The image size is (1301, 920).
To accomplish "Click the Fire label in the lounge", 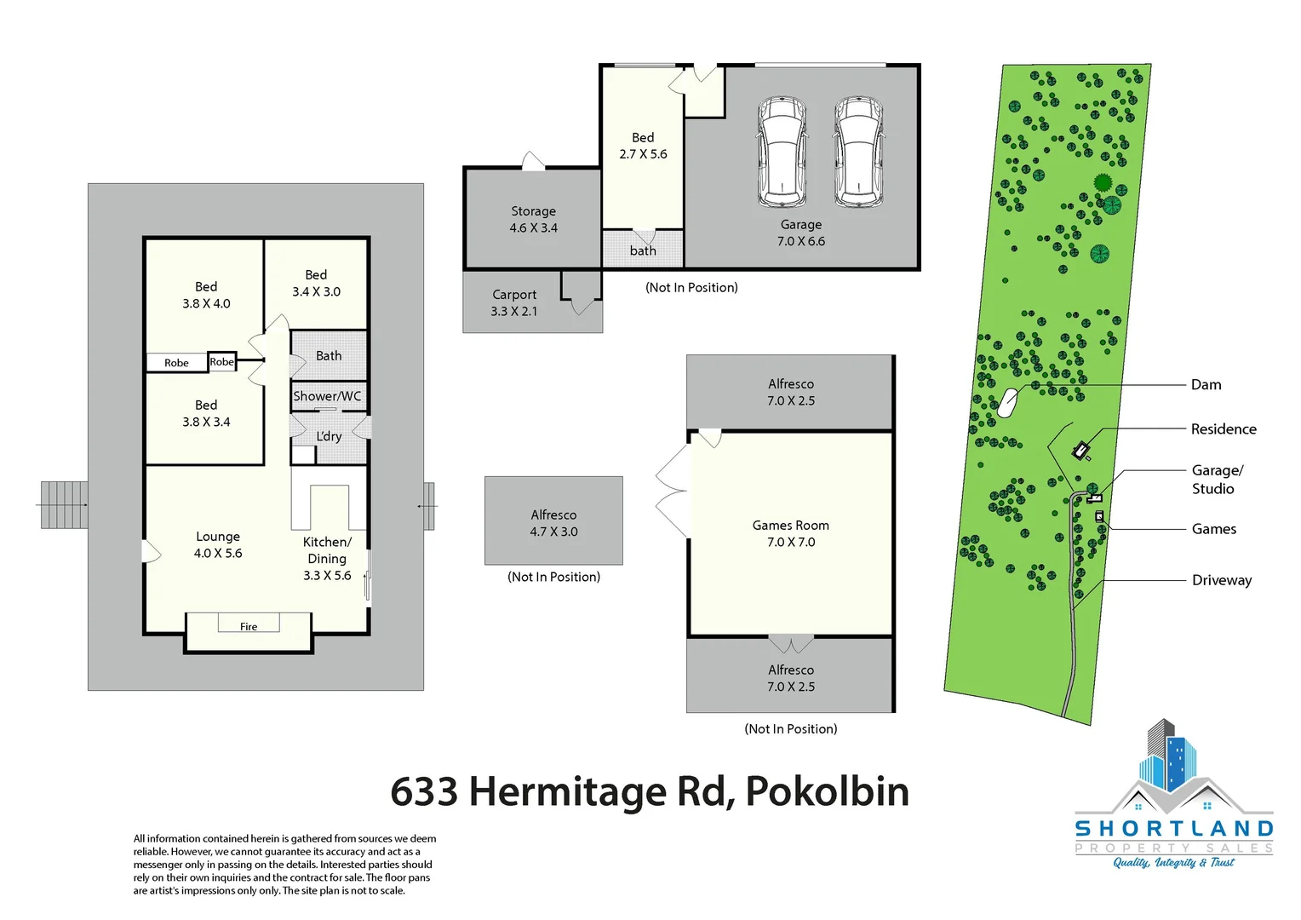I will (x=249, y=627).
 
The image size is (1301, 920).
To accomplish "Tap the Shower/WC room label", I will (x=327, y=396).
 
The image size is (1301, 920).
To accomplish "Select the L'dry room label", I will (x=329, y=436).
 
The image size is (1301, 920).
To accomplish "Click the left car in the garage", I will (x=782, y=152).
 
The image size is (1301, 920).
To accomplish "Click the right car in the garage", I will (x=858, y=152).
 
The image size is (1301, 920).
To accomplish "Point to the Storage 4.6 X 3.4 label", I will (x=534, y=220).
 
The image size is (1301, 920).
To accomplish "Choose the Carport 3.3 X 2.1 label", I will (x=514, y=302).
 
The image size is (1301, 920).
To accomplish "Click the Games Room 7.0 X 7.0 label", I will (x=791, y=533).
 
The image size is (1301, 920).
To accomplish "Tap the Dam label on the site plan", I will (x=1206, y=385).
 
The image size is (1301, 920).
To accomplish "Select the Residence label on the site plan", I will (x=1224, y=429).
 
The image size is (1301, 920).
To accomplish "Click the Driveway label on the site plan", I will (x=1222, y=580).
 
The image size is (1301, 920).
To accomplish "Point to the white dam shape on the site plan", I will (x=1007, y=402).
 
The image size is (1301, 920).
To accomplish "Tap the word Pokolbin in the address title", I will (x=827, y=791).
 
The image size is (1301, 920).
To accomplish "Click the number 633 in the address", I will (x=424, y=791).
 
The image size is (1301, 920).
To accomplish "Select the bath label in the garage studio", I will (x=643, y=250).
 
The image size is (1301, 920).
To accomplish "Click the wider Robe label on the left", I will (x=176, y=363).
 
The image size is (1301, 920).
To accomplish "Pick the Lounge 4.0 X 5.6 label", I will (x=218, y=544).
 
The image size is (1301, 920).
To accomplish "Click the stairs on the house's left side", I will (x=65, y=504).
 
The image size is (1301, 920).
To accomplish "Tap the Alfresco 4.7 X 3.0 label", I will (x=553, y=523).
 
